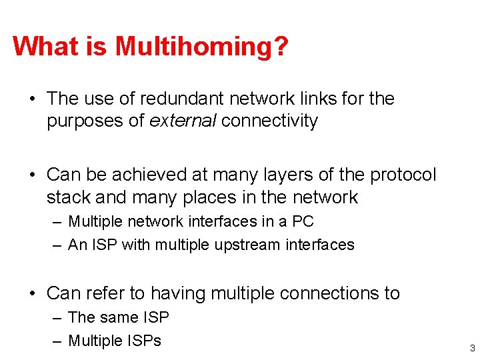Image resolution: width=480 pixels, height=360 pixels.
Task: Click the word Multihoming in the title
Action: click(202, 47)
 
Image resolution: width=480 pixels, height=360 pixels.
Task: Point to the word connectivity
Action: click(269, 121)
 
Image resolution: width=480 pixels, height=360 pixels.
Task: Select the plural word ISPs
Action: click(143, 341)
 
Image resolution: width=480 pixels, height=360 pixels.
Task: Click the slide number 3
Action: click(471, 348)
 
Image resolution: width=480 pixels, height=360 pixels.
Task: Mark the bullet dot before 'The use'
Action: click(31, 99)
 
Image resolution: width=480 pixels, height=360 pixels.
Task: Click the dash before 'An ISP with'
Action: click(58, 245)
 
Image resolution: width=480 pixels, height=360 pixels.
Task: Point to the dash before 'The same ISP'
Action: click(58, 317)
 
